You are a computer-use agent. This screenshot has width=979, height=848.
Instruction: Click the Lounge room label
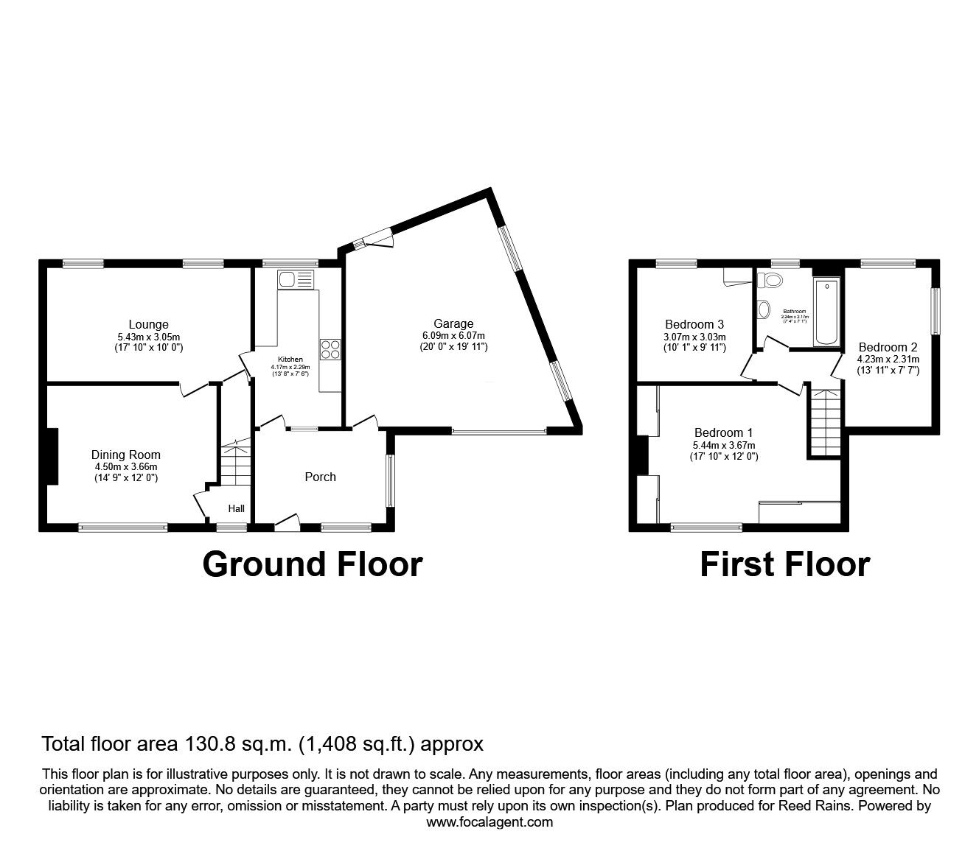tap(148, 324)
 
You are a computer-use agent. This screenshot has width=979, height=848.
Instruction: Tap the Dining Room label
tap(125, 455)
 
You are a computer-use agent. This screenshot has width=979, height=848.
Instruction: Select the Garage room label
tap(453, 323)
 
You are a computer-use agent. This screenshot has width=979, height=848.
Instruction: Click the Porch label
tap(320, 477)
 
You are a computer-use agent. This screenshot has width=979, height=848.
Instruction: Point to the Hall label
tap(236, 508)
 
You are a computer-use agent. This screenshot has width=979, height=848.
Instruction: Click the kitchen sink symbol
tap(295, 279)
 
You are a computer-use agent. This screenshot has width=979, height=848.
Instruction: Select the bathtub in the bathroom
tap(826, 312)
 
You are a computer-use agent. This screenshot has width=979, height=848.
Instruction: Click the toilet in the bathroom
tap(771, 280)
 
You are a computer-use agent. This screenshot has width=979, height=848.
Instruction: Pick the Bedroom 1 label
tap(722, 432)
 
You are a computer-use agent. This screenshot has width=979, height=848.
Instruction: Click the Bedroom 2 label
tap(888, 347)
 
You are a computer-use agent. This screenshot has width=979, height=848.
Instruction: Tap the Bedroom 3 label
tap(694, 324)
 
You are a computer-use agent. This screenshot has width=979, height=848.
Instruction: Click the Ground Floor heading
tap(312, 564)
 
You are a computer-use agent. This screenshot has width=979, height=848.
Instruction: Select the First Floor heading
tap(784, 564)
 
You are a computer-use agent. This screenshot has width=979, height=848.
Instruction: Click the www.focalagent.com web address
tap(489, 822)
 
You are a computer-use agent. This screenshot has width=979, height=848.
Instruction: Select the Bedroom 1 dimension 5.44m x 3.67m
tap(724, 445)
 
